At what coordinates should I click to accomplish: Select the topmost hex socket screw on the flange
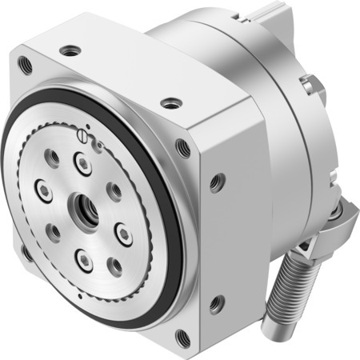82,163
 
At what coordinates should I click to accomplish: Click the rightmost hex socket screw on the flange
123,232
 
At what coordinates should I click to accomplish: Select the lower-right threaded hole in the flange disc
114,263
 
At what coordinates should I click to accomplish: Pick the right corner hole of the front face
182,146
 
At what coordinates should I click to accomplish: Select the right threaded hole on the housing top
170,102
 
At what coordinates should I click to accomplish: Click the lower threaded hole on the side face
216,302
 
